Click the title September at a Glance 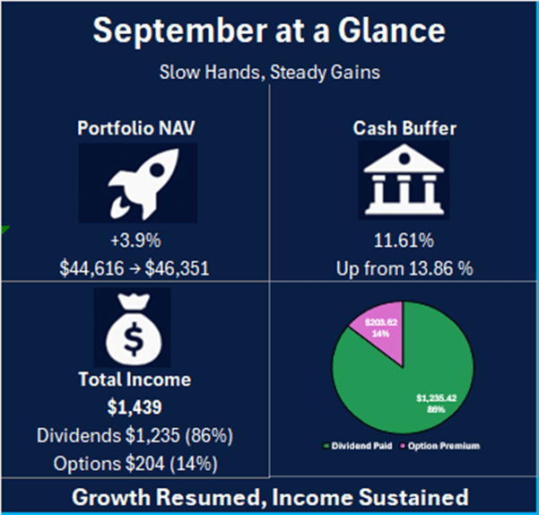click(x=269, y=31)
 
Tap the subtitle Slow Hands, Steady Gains click(x=269, y=72)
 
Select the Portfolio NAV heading click(x=135, y=128)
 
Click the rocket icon click(x=135, y=183)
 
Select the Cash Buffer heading click(x=404, y=128)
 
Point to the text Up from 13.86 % click(x=404, y=267)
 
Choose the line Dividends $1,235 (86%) click(x=135, y=436)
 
